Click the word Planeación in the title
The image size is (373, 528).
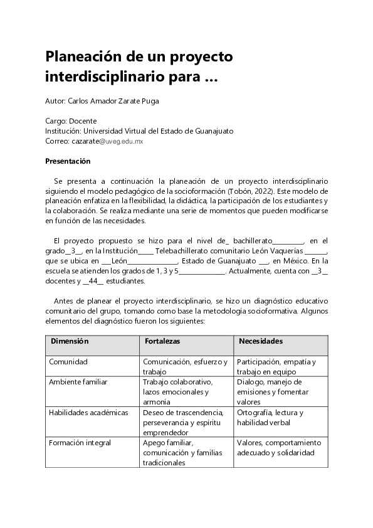point(84,56)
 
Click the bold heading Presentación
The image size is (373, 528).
point(68,161)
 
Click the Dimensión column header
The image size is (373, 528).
point(70,341)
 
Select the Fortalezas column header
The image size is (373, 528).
point(162,341)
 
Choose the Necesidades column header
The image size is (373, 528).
point(260,341)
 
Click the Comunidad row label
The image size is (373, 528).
point(69,362)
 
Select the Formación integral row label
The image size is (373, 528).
point(80,443)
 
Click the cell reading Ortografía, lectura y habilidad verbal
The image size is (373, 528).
point(270,417)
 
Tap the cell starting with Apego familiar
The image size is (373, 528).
point(183,452)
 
